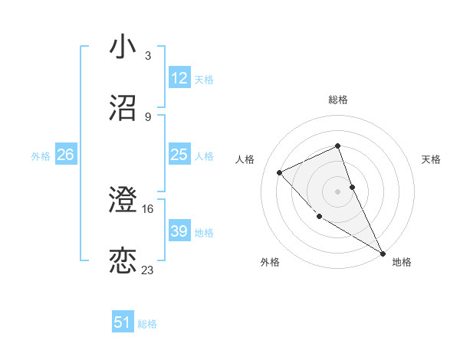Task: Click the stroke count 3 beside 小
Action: coord(147,56)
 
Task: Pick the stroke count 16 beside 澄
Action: coord(148,208)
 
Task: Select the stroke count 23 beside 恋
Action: coord(148,270)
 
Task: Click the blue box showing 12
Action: coord(179,78)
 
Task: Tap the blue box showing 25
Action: coord(179,155)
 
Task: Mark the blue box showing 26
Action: coord(65,155)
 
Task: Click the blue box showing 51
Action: coord(123,322)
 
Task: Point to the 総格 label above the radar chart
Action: coord(338,100)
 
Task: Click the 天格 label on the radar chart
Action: coord(431,159)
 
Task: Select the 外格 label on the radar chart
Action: coord(270,262)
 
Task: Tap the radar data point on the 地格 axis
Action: coord(383,253)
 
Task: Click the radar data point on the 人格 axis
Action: coord(280,172)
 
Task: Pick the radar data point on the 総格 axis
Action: coord(337,146)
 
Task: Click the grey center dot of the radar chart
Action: coord(337,191)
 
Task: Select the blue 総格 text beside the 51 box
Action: coord(147,323)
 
